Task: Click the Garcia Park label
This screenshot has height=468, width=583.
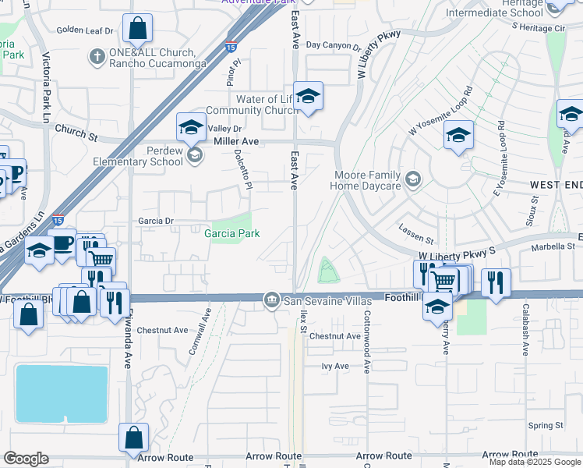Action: [231, 233]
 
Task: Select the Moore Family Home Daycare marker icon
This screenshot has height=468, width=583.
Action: [412, 180]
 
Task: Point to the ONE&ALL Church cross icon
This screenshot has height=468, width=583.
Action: [97, 56]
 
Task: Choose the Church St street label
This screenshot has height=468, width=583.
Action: [76, 135]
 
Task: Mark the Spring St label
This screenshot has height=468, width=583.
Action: [545, 425]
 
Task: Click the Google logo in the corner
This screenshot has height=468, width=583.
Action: [26, 459]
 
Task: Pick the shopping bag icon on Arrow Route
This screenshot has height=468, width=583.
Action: [133, 438]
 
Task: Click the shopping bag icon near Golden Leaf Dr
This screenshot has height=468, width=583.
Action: [137, 29]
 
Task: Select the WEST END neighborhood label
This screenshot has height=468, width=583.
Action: [556, 184]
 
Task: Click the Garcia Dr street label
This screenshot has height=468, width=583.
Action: [157, 221]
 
